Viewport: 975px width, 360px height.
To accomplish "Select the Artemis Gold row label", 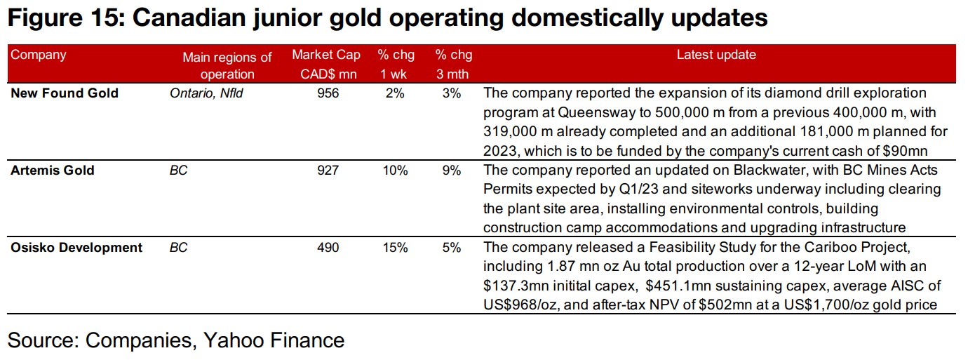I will click(53, 171).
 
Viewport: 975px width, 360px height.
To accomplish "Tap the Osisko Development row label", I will click(76, 248).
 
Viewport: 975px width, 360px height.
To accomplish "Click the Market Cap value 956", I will click(327, 93).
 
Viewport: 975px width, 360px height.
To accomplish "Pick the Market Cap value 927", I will click(327, 171).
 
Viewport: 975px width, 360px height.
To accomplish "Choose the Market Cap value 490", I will click(327, 248).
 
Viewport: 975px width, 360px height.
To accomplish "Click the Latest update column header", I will click(716, 55).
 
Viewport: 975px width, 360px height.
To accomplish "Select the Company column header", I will click(38, 55).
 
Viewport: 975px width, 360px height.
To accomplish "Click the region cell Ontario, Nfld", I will click(206, 93).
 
